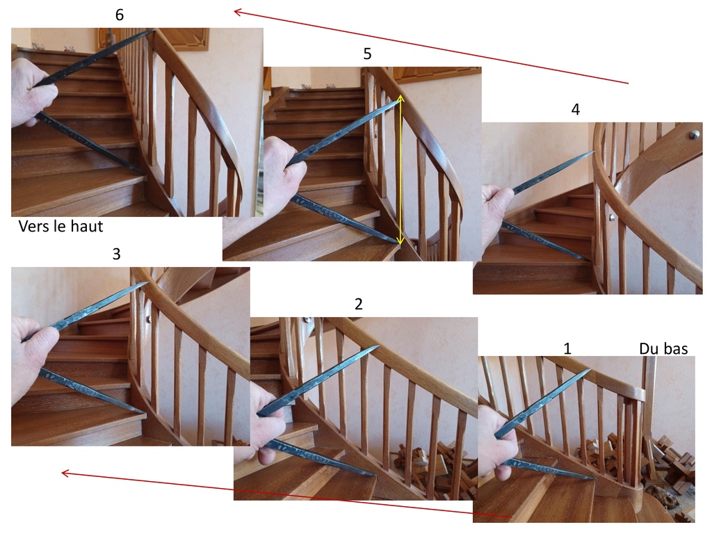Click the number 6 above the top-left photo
point(120,15)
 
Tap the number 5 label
point(367,54)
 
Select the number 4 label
point(575,109)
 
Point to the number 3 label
point(116,254)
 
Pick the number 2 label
point(359,304)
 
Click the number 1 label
point(567,348)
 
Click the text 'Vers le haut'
point(61,226)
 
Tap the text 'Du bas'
point(663,348)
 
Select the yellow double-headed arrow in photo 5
point(400,170)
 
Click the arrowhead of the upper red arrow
point(237,12)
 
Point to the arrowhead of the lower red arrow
point(65,474)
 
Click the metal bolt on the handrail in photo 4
point(695,134)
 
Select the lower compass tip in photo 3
point(145,413)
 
